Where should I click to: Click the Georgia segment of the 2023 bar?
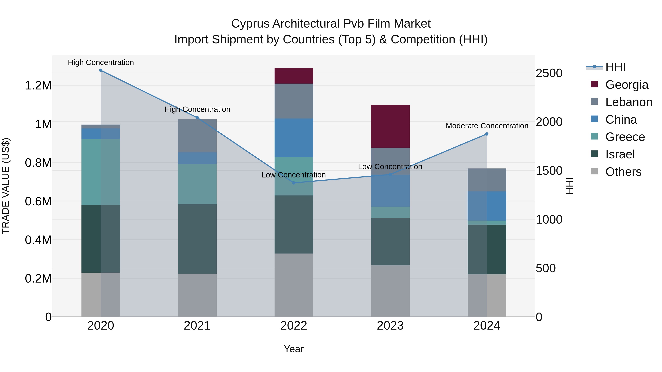[x=390, y=126]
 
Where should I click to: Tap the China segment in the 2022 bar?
[x=294, y=138]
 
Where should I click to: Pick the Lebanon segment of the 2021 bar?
[x=197, y=136]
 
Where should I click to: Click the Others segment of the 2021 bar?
[x=197, y=295]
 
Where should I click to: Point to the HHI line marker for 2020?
[x=101, y=70]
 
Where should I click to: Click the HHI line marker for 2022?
[x=294, y=183]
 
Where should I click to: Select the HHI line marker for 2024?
[x=486, y=134]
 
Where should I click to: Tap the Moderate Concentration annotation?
[x=487, y=126]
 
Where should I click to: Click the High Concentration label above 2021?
[x=197, y=109]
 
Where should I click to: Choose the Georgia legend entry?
[x=627, y=85]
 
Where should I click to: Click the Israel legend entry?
[x=620, y=154]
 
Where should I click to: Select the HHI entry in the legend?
[x=615, y=67]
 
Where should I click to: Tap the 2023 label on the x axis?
[x=390, y=326]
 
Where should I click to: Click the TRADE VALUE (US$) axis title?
[x=6, y=186]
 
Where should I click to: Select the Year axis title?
[x=293, y=349]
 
